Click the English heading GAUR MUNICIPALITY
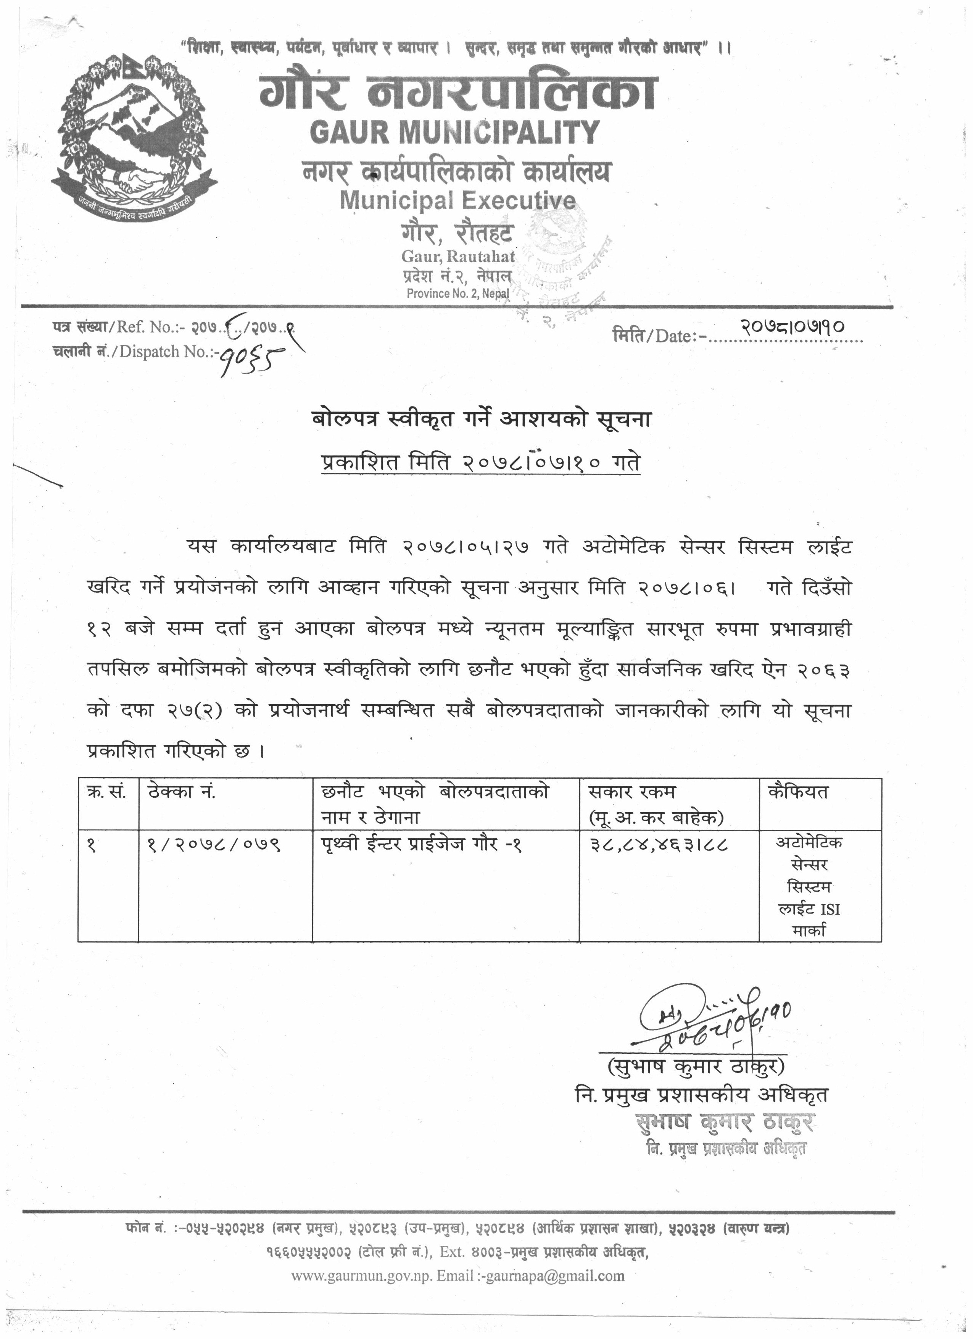(454, 132)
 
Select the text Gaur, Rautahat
(458, 256)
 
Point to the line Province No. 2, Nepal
(457, 294)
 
